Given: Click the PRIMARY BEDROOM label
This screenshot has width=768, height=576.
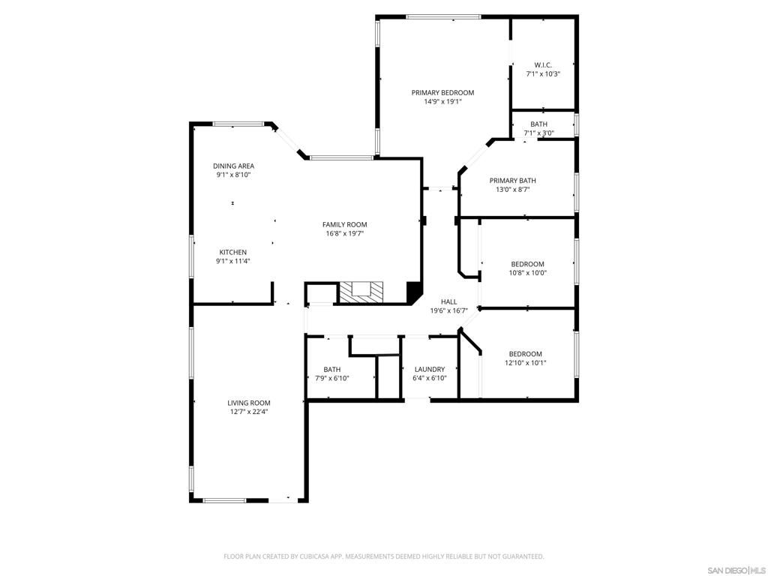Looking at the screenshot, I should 442,93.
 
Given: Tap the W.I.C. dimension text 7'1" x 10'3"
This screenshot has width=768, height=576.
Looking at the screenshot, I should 543,74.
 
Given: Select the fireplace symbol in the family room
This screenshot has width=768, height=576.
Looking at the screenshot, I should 361,292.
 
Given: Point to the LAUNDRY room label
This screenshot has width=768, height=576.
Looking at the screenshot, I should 429,369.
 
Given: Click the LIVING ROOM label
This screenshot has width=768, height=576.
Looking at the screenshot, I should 249,403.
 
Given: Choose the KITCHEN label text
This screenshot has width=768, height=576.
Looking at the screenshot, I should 232,252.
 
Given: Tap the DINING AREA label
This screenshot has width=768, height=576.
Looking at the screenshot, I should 233,166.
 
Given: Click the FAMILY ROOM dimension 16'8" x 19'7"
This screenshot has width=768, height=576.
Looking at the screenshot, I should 345,233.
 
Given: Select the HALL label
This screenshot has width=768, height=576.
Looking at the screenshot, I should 448,301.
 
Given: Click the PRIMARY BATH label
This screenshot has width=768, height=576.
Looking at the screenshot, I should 512,181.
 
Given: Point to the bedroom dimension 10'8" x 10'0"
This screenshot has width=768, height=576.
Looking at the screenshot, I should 528,273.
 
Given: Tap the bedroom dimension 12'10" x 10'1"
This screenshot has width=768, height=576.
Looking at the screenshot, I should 525,363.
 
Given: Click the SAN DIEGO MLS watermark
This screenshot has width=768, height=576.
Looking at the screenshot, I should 736,570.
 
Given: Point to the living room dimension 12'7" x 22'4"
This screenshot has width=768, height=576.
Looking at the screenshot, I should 249,412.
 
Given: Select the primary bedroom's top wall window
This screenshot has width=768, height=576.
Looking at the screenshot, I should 443,16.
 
